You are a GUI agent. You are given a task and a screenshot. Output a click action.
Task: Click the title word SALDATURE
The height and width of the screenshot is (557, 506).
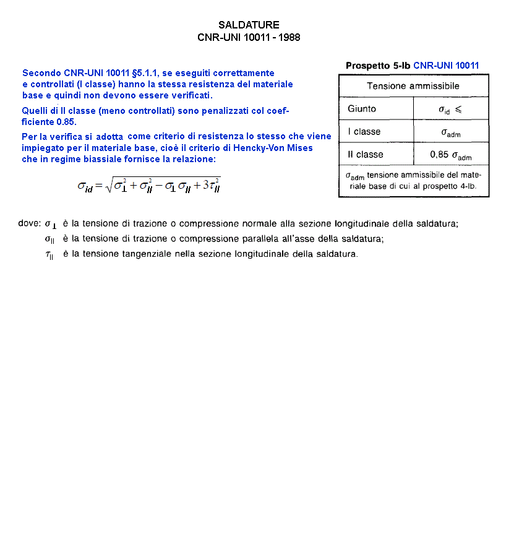[x=249, y=25]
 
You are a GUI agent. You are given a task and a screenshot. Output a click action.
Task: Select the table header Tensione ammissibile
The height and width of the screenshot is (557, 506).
[x=413, y=86]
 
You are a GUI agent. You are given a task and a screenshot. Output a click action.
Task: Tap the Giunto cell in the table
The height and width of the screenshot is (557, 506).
[x=362, y=109]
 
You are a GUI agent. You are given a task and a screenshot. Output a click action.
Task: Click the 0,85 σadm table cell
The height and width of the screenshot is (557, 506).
[x=450, y=155]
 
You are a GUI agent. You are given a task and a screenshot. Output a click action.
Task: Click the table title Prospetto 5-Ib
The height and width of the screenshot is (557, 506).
[x=378, y=66]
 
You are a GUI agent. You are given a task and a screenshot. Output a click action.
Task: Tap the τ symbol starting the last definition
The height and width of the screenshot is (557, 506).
[x=49, y=254]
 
